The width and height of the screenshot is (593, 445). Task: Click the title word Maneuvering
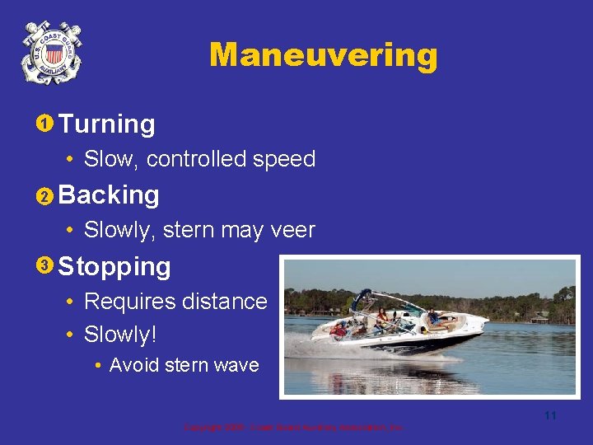point(323,55)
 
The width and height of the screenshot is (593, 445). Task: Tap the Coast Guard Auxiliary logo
point(51,53)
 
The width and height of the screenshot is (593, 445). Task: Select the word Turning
point(107,124)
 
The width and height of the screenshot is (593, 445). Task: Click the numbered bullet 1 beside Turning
point(45,124)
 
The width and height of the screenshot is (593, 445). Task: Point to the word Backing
point(110,195)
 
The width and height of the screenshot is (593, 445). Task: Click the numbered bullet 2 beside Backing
point(45,196)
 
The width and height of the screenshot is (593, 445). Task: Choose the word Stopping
point(114,266)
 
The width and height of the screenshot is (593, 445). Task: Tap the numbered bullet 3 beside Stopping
point(45,265)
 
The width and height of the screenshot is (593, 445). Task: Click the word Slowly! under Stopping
point(120,335)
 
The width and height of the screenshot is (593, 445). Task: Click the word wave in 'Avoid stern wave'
point(236,365)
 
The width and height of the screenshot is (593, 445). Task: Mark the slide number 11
point(550,415)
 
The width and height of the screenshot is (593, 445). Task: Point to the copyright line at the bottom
point(292,428)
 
